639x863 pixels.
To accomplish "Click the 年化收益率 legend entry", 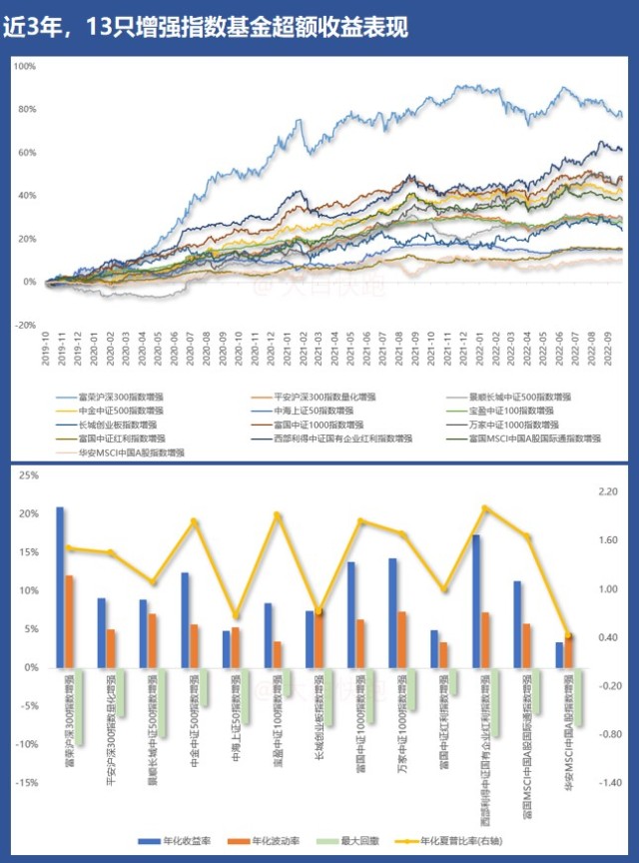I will (182, 842).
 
